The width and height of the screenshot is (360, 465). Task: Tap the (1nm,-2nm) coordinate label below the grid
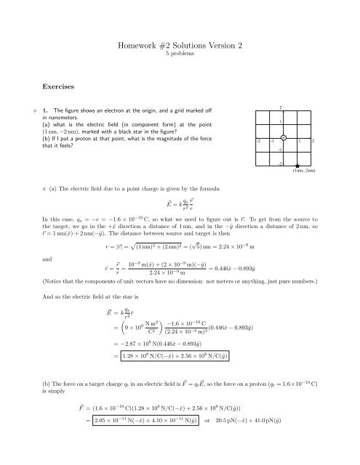[x=303, y=173]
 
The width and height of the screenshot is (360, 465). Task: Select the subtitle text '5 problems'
[x=180, y=54]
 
